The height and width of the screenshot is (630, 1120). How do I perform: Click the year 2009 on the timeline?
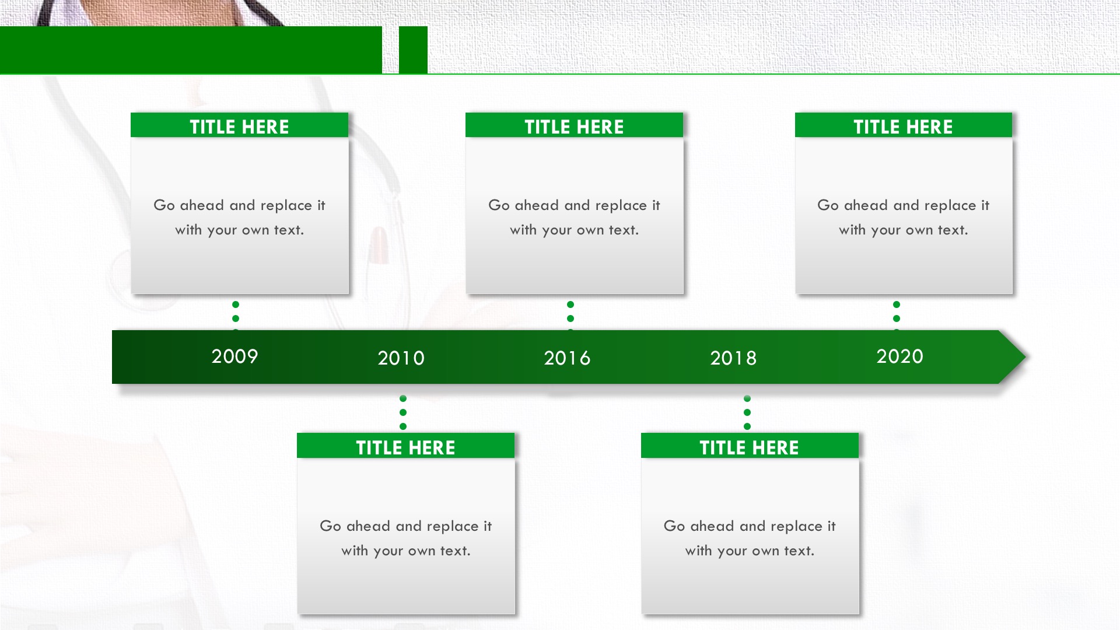point(235,356)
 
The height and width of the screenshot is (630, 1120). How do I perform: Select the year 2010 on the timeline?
point(401,358)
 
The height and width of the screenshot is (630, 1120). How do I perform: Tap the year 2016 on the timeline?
point(567,358)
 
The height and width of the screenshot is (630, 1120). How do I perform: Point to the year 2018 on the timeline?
point(733,358)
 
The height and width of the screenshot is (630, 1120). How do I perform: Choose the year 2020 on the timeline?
point(900,356)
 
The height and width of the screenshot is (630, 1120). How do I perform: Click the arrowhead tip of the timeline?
point(1025,357)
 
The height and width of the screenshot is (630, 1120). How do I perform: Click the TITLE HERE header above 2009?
point(239,127)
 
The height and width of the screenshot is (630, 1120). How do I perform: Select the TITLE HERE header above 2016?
point(574,127)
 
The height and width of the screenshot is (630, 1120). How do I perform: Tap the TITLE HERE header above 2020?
point(903,127)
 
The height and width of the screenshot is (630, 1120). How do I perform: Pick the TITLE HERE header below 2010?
point(405,447)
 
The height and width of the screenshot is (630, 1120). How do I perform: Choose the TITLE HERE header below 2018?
point(749,447)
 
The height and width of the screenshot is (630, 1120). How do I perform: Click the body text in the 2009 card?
point(239,218)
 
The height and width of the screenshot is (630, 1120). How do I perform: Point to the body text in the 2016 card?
point(574,218)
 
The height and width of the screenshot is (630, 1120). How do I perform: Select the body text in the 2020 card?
point(903,218)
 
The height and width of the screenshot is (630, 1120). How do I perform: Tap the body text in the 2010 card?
point(405,538)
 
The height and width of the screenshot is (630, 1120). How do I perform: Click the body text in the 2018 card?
point(749,538)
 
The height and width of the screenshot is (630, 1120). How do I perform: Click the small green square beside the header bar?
point(413,50)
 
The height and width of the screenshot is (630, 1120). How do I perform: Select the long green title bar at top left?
point(191,50)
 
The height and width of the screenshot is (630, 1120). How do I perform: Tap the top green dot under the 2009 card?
point(236,304)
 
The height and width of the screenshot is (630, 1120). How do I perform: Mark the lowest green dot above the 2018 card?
point(747,426)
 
